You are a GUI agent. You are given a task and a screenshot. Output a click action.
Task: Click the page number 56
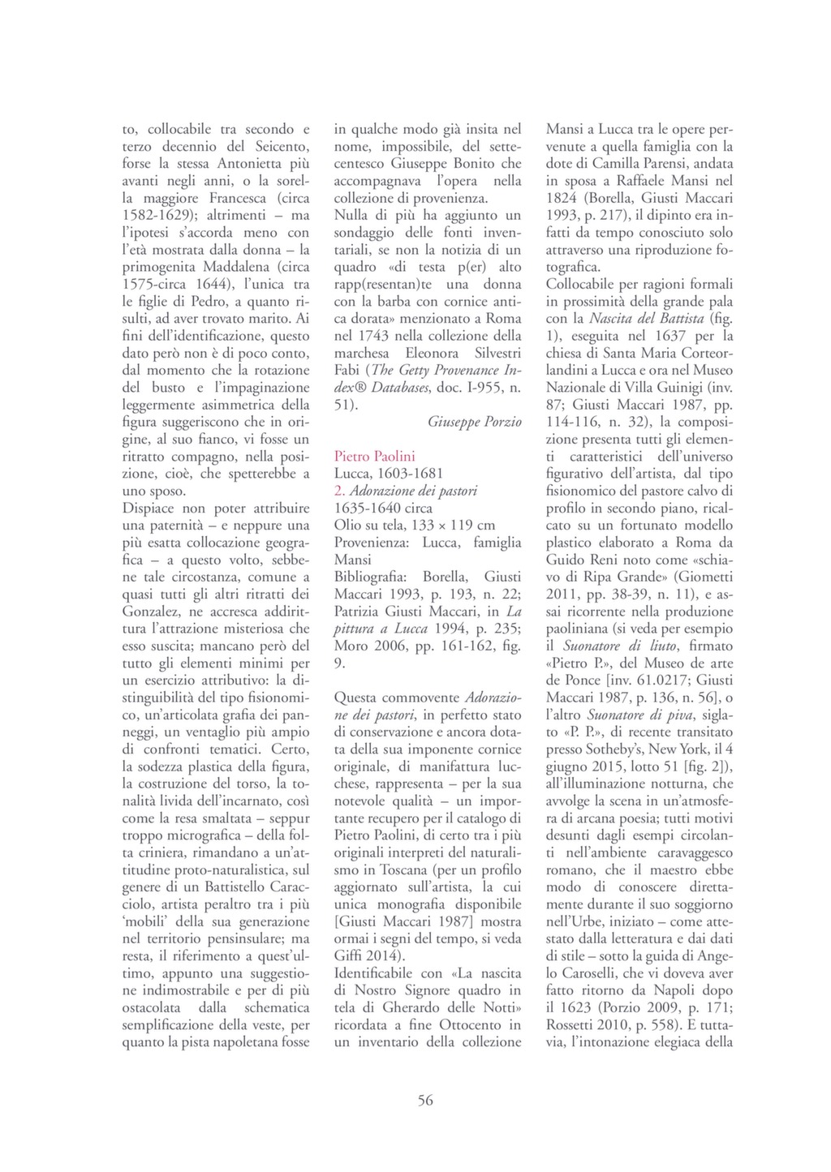point(425,1101)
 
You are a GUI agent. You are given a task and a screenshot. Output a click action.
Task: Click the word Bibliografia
point(372,577)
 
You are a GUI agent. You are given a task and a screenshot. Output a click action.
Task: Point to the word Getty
point(426,370)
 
